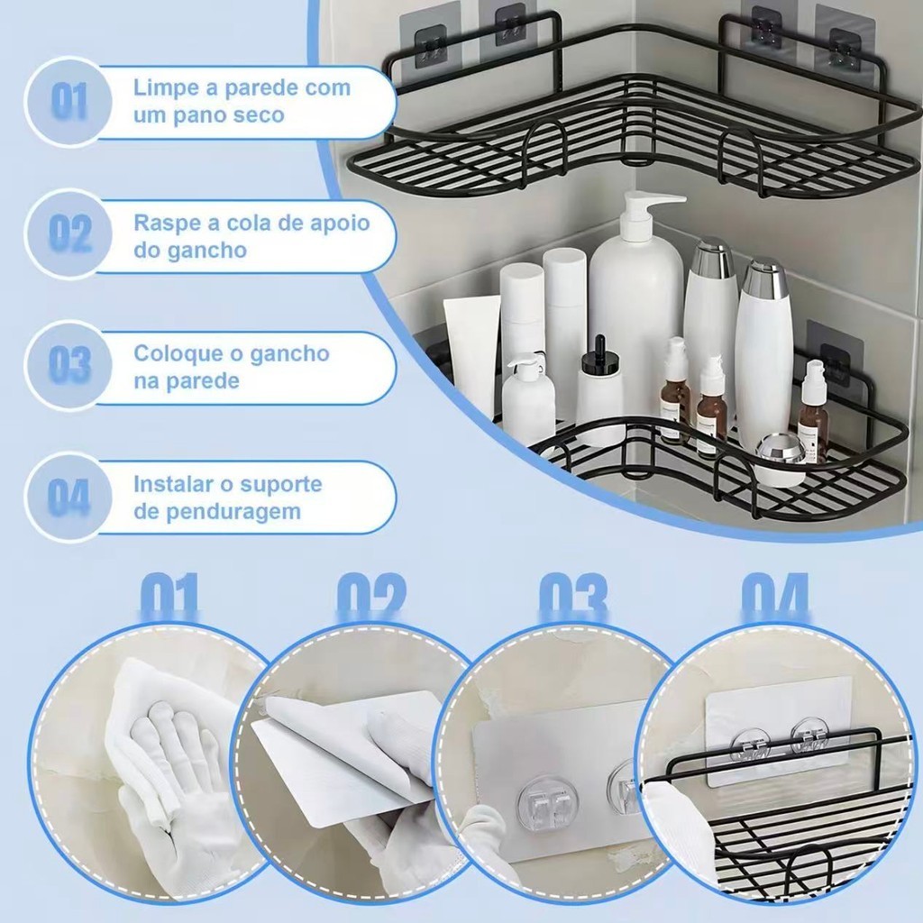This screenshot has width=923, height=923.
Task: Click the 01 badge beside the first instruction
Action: [69, 101]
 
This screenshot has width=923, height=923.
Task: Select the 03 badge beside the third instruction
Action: [69, 364]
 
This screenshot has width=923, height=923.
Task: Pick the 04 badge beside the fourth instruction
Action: [69, 497]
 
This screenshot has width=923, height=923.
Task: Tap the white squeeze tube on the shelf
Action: [469, 353]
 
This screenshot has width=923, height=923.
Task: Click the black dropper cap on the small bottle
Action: [599, 353]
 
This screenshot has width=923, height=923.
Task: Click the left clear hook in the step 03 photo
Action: [537, 802]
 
